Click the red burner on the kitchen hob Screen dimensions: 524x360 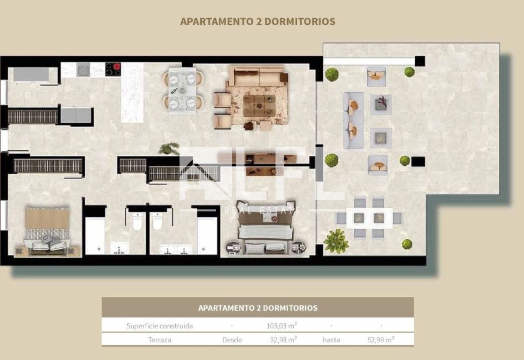point(117,67)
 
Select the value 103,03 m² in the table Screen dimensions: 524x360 point(282,325)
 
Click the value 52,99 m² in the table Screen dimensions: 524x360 point(381,340)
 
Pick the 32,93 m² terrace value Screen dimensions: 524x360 point(283,340)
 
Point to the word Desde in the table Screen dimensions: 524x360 point(232,340)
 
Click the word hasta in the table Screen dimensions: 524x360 point(331,340)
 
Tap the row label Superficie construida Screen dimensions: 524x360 point(160,326)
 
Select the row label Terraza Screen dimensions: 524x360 point(160,340)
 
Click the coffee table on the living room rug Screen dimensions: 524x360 point(259,106)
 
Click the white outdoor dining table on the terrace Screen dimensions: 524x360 point(369,218)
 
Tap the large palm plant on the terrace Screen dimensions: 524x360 point(336,241)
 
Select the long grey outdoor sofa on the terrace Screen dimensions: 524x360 point(353,120)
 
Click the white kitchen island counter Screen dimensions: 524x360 point(132,93)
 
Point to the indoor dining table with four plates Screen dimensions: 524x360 point(182,90)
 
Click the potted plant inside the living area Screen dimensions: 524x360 point(168,148)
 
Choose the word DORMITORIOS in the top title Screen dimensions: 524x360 point(300,21)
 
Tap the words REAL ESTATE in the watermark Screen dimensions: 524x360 point(262,210)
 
